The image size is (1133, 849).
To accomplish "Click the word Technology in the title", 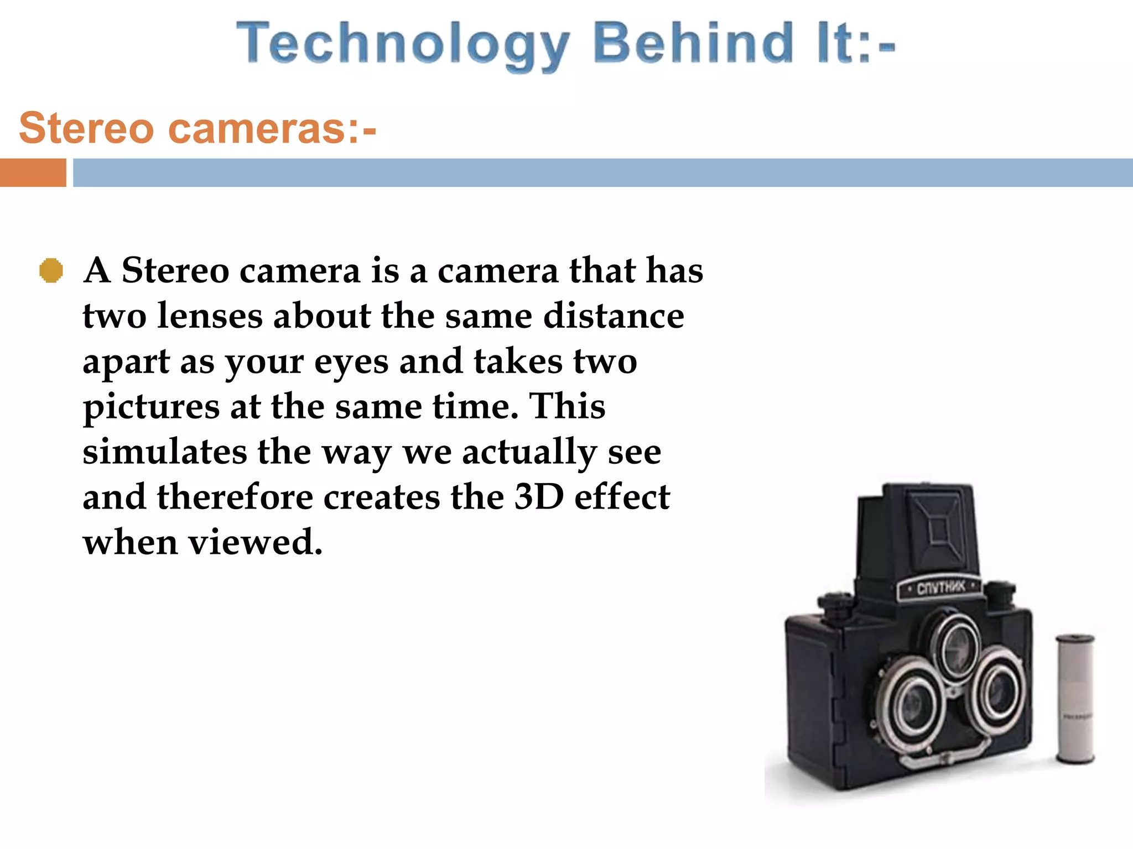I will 403,44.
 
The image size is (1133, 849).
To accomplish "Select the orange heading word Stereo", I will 86,128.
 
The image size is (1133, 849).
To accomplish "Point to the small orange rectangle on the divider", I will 33,172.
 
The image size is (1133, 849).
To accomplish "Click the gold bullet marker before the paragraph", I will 51,271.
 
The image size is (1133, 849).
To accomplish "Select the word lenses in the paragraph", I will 210,316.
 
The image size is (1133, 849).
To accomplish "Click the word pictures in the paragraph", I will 151,408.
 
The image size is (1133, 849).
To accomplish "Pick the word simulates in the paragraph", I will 164,452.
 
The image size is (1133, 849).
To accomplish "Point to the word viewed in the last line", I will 255,542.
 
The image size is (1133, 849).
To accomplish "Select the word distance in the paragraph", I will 614,316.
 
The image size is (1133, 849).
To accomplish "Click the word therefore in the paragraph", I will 235,497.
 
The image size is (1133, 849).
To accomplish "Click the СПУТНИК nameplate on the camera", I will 940,588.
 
